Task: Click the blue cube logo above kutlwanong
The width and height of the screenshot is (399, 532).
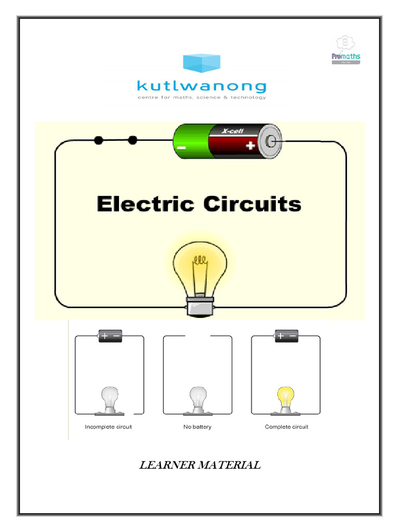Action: pos(202,63)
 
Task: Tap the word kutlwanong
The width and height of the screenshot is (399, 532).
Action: pos(202,86)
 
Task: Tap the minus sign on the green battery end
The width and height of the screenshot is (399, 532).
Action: pos(181,147)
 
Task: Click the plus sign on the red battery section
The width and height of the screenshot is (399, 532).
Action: pos(250,146)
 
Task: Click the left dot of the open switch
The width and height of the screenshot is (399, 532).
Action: pos(99,140)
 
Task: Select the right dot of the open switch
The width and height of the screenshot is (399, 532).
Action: pos(132,140)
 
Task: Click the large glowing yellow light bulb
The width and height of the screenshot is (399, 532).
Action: pos(200,265)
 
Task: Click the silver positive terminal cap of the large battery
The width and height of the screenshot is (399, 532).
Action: pos(270,140)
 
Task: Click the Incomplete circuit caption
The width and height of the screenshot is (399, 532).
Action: pos(109,427)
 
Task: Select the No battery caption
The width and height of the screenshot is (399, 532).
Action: pos(197,427)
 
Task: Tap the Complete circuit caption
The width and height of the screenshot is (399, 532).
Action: pos(286,427)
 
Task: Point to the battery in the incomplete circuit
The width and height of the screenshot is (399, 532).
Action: pos(110,336)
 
